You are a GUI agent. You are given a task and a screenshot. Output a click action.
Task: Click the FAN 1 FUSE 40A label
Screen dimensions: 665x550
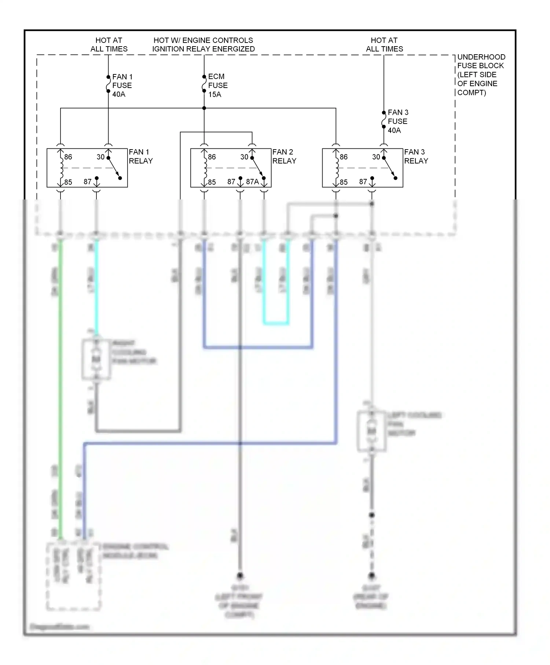point(122,85)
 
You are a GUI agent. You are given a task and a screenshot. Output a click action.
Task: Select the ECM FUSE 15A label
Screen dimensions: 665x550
point(217,85)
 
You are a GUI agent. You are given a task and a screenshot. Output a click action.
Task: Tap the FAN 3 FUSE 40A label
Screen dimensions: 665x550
point(397,121)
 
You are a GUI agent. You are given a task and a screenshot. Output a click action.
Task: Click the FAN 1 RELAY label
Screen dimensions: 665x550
point(140,156)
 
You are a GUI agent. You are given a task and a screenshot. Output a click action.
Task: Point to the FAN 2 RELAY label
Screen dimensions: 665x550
point(284,156)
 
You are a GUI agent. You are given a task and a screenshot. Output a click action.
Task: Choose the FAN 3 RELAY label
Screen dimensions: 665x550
point(416,156)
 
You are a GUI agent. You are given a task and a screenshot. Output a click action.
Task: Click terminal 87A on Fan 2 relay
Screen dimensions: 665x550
point(253,182)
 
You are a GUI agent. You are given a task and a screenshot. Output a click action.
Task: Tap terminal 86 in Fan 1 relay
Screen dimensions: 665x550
point(68,157)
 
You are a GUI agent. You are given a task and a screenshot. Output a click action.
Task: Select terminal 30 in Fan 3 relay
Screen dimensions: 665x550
point(376,157)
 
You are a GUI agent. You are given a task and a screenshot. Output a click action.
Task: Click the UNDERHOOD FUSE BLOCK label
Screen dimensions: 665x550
point(481,75)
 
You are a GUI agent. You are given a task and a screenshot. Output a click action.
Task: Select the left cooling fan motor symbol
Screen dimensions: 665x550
point(371,431)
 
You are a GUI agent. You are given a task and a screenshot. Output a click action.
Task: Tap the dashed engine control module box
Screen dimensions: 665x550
point(73,576)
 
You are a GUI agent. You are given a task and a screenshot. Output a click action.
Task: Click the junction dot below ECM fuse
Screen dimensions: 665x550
point(204,108)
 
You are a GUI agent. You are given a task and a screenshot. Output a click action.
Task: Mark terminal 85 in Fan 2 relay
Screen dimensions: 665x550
point(212,182)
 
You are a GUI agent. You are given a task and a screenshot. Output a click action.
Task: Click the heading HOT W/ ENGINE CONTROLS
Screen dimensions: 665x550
point(203,40)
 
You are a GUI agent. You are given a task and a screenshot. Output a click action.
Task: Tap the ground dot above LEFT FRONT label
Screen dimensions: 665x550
point(240,575)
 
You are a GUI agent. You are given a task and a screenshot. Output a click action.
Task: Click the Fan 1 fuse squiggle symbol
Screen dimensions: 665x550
point(108,84)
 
